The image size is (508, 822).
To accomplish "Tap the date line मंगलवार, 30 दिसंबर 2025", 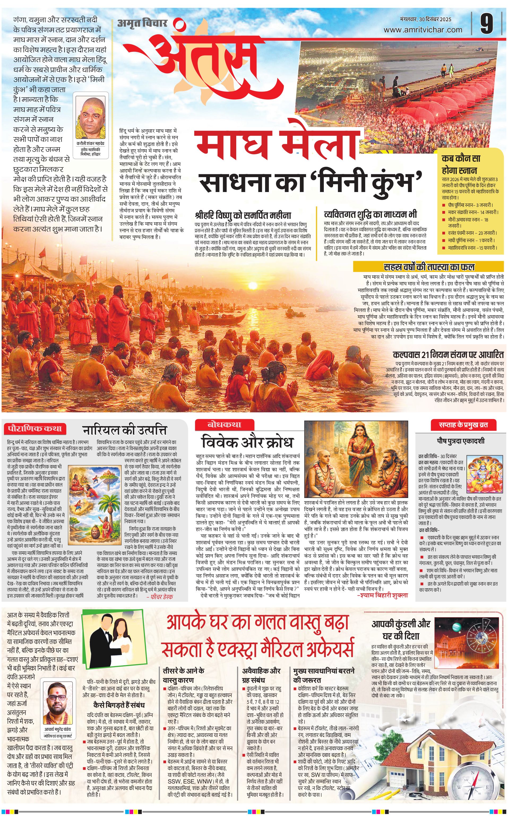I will (426, 19).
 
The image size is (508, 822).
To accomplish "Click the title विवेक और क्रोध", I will (247, 442).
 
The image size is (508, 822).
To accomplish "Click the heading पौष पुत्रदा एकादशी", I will (461, 441).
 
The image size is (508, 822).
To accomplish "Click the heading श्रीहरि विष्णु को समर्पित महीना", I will (243, 215).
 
